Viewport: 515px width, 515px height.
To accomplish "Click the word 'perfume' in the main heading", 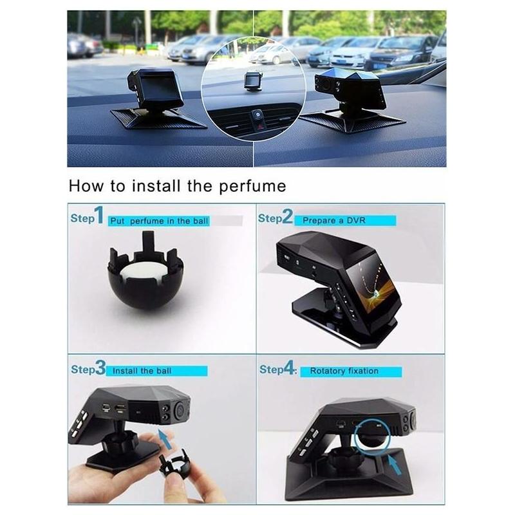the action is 252,187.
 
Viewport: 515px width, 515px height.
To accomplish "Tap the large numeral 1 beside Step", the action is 99,215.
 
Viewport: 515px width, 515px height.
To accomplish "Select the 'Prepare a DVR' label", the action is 333,220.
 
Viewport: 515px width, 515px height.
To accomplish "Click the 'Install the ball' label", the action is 142,371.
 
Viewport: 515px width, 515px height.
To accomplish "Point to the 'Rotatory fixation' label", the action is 344,371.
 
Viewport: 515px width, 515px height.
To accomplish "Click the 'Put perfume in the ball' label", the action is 159,221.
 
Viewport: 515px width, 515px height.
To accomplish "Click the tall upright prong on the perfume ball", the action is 149,242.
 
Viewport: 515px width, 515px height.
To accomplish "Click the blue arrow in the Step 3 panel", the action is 165,439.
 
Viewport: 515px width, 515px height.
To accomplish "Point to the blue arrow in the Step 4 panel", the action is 395,464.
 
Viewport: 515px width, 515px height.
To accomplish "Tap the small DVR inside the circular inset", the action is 254,80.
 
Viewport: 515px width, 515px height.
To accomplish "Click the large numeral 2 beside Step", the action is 287,216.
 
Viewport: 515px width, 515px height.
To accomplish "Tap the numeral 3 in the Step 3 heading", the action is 100,368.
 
